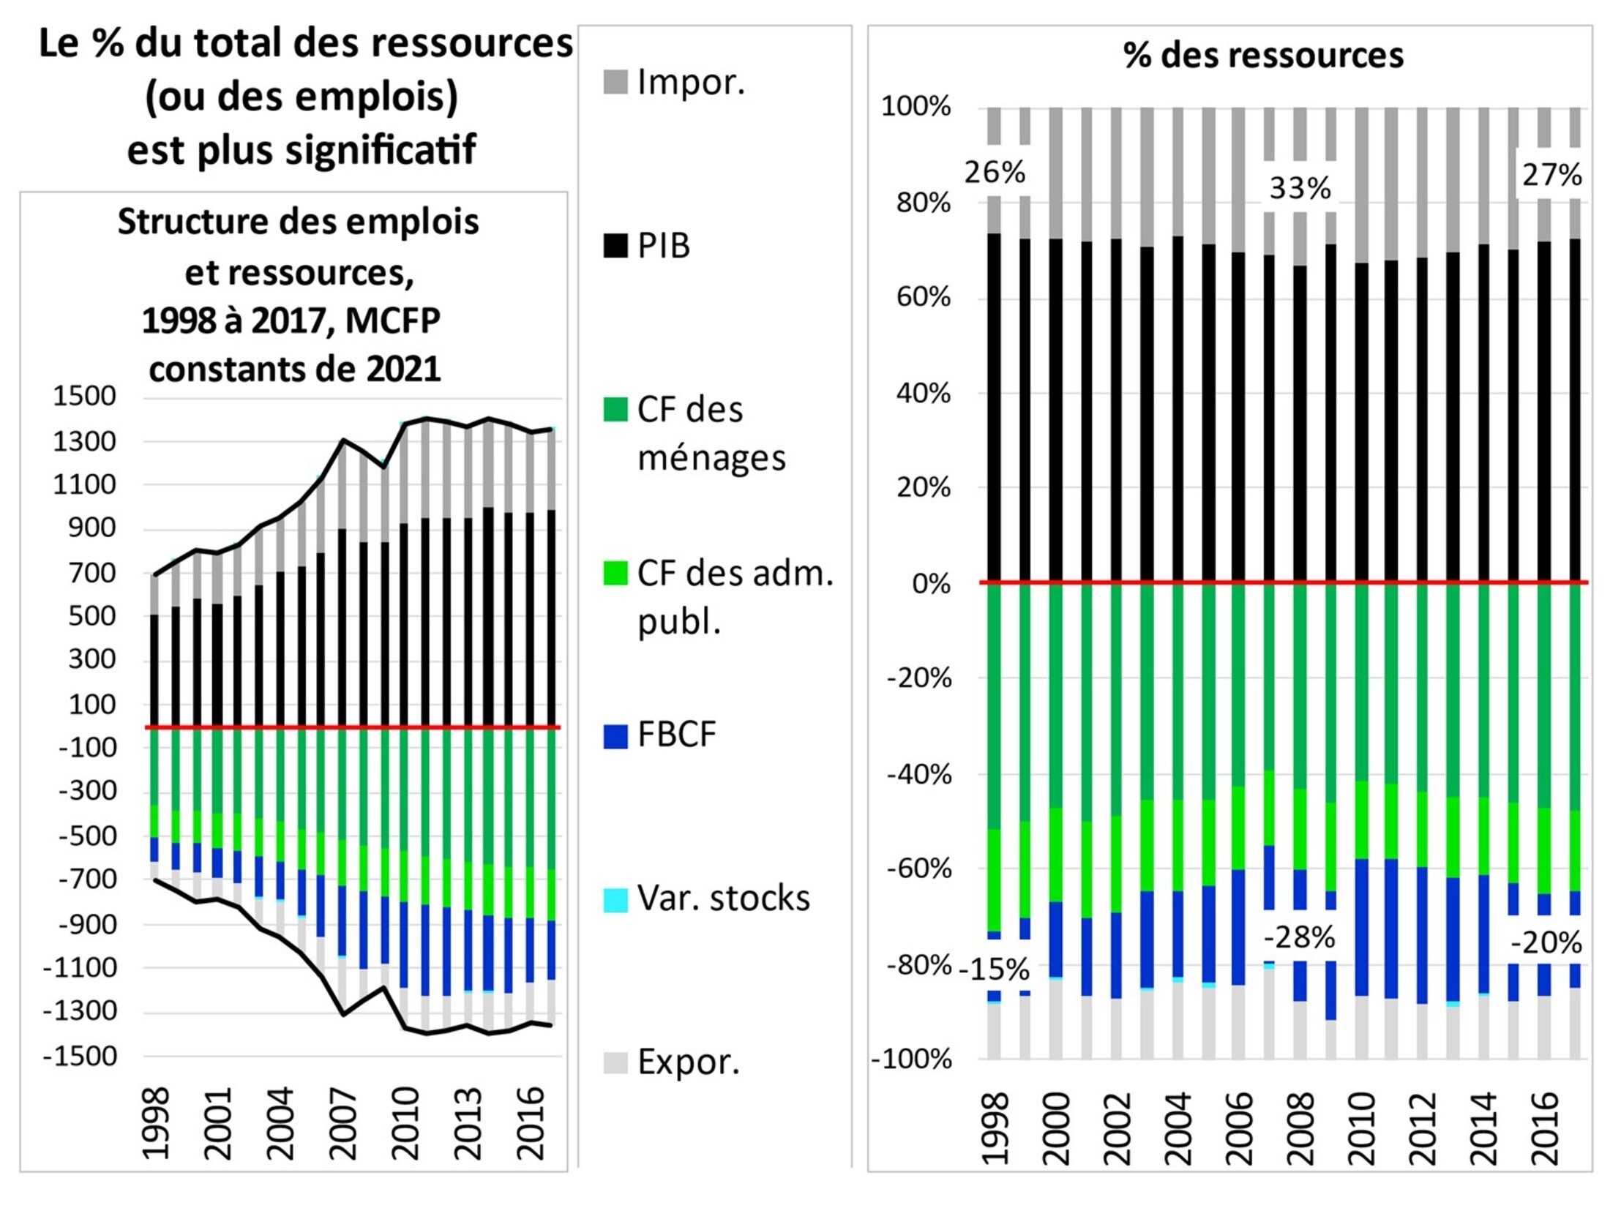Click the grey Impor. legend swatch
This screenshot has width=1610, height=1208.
point(615,82)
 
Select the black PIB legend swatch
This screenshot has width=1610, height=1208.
point(615,246)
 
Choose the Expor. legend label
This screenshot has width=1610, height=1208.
point(688,1062)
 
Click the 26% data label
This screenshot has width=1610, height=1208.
point(995,173)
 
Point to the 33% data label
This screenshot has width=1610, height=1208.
point(1300,188)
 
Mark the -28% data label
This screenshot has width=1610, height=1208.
point(1300,937)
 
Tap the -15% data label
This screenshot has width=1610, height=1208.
point(995,970)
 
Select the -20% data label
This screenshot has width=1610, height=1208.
point(1546,943)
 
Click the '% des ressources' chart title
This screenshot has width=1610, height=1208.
point(1263,56)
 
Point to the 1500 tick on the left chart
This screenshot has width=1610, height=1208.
point(84,396)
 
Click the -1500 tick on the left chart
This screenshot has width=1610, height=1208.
point(80,1057)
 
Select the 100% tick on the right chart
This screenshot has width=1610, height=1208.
point(916,107)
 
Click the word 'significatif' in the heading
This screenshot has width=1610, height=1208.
point(380,151)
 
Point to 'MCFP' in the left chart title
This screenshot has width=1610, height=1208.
point(392,320)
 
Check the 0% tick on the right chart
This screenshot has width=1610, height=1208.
point(931,584)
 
